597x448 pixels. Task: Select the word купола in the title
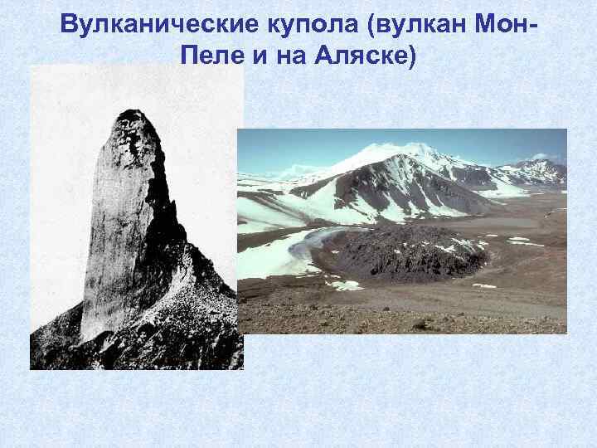pos(303,24)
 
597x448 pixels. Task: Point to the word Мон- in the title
pos(507,24)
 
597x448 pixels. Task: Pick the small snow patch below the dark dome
pos(343,285)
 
